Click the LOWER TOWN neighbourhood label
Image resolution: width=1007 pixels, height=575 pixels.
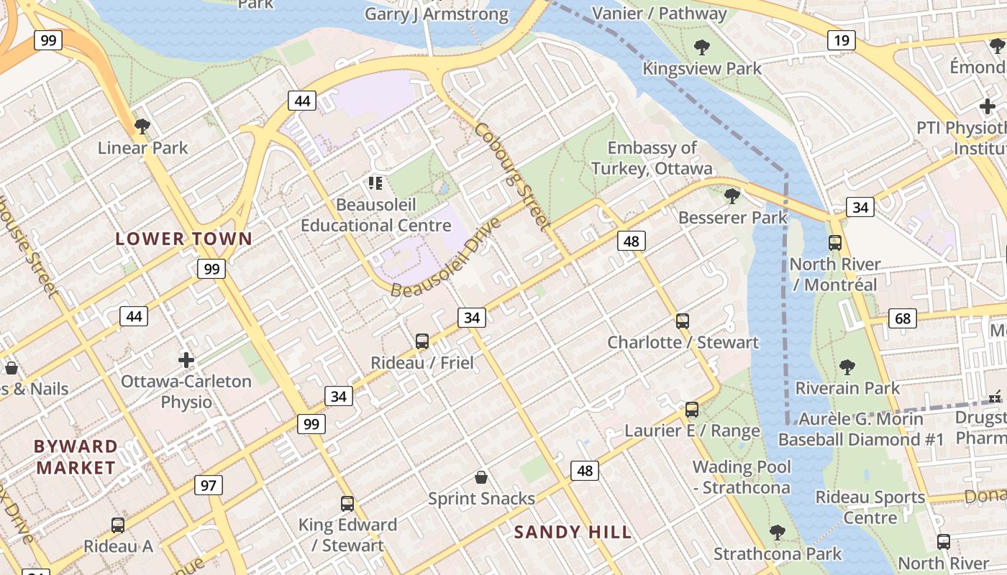184,239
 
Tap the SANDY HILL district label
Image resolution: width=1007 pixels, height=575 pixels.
573,533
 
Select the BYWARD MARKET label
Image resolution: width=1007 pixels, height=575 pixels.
76,457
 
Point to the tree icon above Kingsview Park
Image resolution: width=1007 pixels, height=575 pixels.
702,48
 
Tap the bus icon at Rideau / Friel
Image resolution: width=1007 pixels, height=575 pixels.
422,341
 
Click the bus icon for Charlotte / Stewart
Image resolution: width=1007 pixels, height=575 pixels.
683,321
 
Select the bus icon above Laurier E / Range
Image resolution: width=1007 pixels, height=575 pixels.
692,410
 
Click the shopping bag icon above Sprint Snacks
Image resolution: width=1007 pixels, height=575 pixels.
481,477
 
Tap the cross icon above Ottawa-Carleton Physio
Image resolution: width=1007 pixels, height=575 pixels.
186,359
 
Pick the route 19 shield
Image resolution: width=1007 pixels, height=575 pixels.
841,40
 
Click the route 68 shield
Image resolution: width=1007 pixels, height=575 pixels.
903,318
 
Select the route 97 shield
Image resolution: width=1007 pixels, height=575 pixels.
209,485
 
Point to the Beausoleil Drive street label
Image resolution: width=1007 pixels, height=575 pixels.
446,257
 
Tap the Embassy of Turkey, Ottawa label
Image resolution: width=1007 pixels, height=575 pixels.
652,158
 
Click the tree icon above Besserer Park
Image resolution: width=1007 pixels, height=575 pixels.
732,195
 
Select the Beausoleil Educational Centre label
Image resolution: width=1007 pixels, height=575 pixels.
375,215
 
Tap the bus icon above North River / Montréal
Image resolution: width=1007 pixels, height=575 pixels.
835,243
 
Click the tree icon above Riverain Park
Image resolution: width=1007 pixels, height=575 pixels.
847,367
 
